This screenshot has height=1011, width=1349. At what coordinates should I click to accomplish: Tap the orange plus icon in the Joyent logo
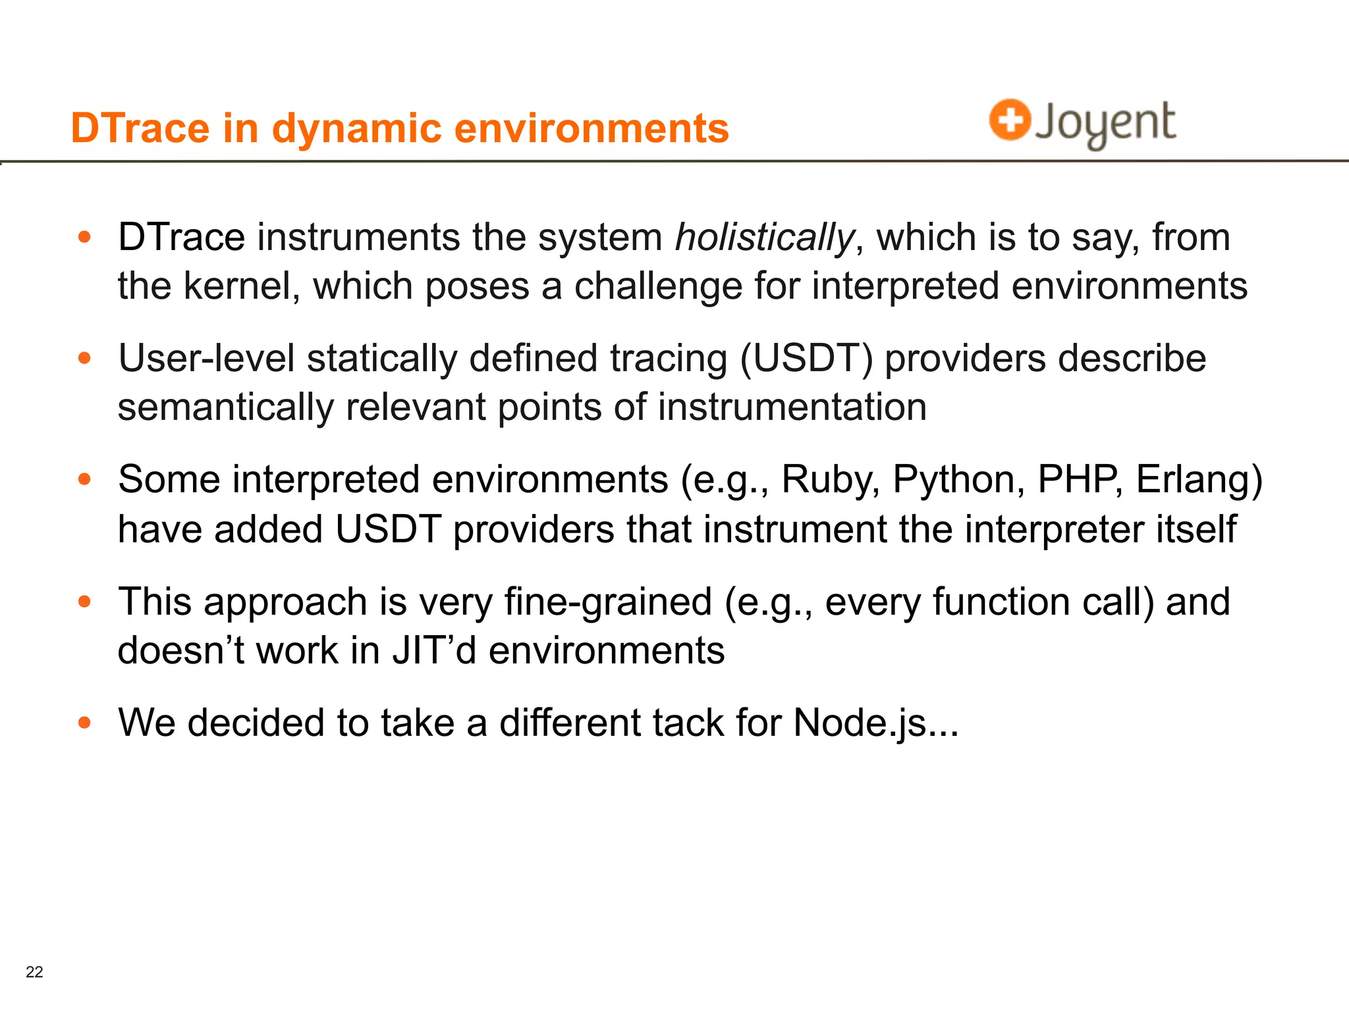pyautogui.click(x=1009, y=120)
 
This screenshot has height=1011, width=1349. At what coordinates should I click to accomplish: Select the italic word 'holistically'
pyautogui.click(x=765, y=237)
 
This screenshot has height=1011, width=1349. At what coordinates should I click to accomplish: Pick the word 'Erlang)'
pyautogui.click(x=1199, y=479)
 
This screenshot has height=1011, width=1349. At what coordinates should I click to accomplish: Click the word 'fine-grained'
pyautogui.click(x=608, y=602)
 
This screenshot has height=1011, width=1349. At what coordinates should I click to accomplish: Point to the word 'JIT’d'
pyautogui.click(x=434, y=651)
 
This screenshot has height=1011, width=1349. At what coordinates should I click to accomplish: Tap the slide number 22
pyautogui.click(x=34, y=972)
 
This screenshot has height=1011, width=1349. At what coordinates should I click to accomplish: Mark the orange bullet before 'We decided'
pyautogui.click(x=84, y=723)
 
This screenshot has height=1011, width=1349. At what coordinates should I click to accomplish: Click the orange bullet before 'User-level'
pyautogui.click(x=84, y=359)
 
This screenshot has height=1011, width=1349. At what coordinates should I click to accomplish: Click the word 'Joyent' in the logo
pyautogui.click(x=1105, y=123)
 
